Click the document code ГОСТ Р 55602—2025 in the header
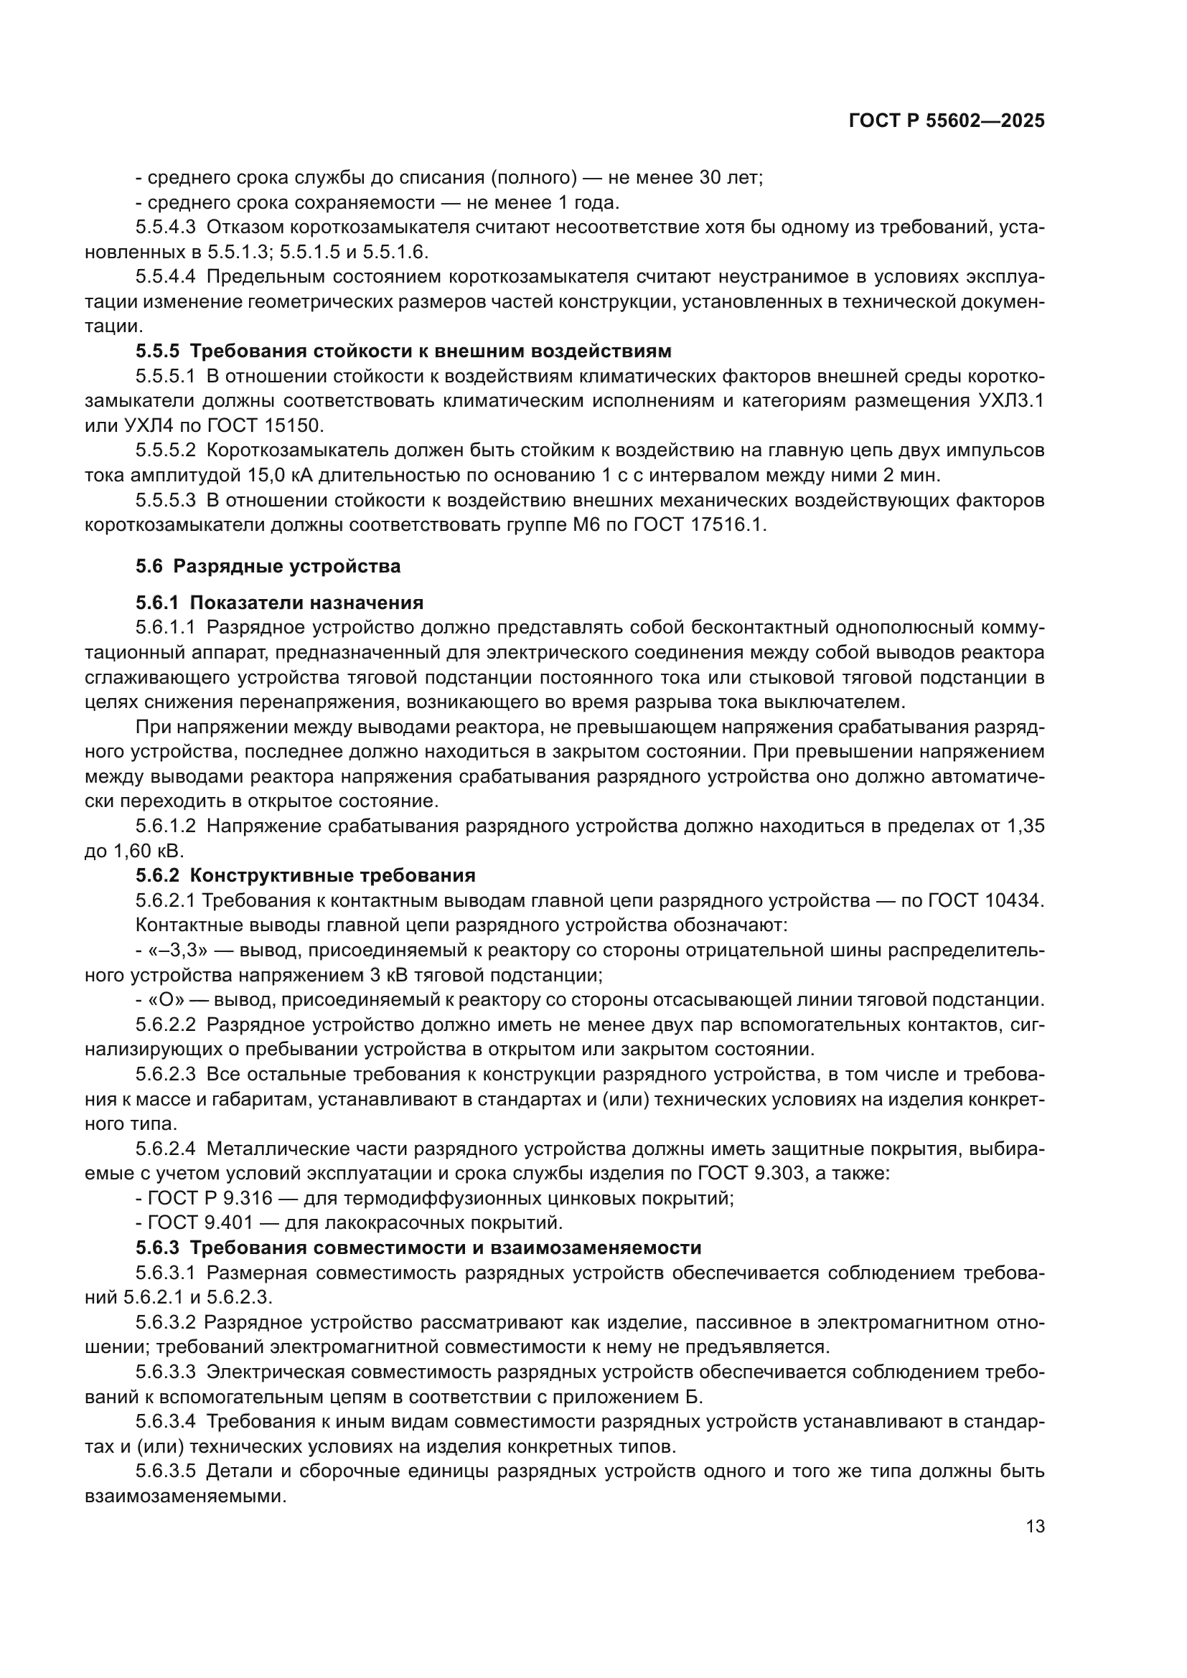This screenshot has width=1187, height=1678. [947, 121]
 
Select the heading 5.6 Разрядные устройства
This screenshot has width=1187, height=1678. [268, 567]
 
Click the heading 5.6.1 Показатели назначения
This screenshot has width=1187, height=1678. [279, 603]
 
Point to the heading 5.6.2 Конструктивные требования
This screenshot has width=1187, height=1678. [306, 875]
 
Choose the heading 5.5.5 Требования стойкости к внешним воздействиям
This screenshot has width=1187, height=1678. [403, 352]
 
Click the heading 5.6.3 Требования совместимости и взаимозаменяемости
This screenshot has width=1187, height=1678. [418, 1248]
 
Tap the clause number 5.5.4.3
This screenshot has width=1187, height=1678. [165, 227]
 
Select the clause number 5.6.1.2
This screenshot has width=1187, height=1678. [165, 826]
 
